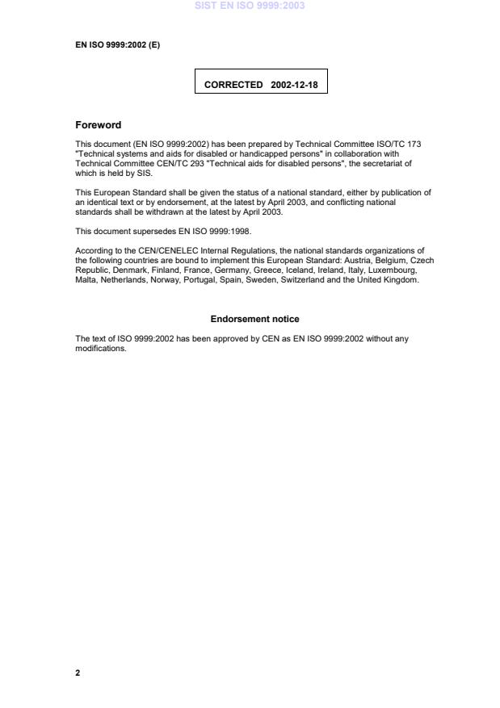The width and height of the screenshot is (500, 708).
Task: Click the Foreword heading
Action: point(98,125)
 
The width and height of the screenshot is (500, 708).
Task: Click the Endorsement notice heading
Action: point(254,319)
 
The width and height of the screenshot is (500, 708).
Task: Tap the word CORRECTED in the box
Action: point(233,84)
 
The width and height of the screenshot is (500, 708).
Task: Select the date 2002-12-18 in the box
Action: point(294,84)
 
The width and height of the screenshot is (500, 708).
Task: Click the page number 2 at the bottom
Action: point(78,672)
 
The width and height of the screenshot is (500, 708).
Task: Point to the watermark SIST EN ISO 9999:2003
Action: point(250,6)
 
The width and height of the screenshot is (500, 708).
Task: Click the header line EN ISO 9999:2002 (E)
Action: point(117,44)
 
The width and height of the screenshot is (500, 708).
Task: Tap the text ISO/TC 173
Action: point(399,145)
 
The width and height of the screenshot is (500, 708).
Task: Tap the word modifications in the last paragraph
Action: point(100,349)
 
